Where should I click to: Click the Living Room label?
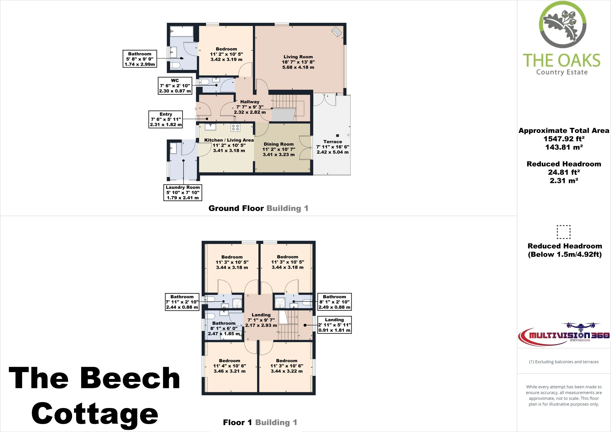tap(298, 57)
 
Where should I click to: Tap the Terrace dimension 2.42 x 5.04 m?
tap(333, 152)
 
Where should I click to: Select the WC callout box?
tap(175, 86)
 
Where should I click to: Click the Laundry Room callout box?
tap(183, 192)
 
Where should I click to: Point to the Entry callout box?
tap(166, 119)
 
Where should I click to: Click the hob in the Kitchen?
tap(236, 127)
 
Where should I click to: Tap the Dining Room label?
tap(279, 144)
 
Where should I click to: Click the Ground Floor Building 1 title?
tap(258, 208)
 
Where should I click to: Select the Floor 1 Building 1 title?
tap(260, 422)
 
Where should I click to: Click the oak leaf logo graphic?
tap(562, 25)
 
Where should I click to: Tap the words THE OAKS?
tap(561, 60)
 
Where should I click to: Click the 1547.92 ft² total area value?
tap(564, 139)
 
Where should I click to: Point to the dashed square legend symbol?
tap(564, 232)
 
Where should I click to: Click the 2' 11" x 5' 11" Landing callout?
tap(335, 325)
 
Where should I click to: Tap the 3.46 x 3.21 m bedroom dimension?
tap(229, 371)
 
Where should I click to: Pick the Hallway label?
tap(250, 102)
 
